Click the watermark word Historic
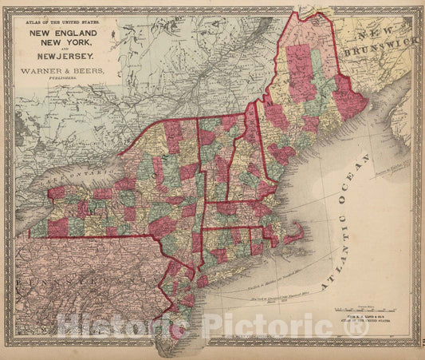tap(120, 325)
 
